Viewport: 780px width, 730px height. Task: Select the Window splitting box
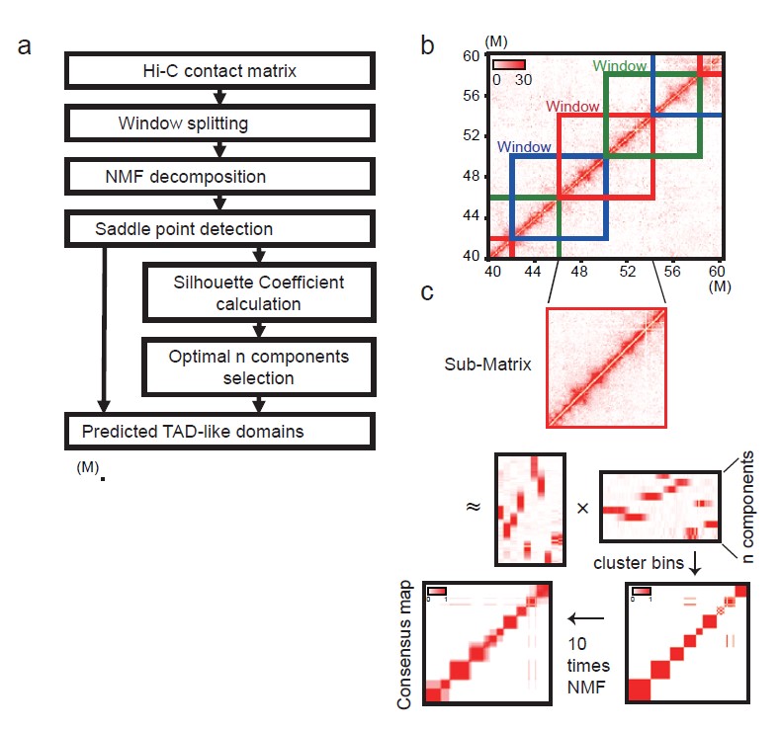[x=218, y=123]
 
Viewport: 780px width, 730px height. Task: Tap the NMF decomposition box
[x=218, y=177]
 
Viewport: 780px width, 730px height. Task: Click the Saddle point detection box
[x=218, y=229]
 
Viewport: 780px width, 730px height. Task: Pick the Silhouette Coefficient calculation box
[x=259, y=293]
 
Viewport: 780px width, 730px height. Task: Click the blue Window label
[x=524, y=146]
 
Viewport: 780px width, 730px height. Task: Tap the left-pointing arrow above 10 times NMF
[x=588, y=618]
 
